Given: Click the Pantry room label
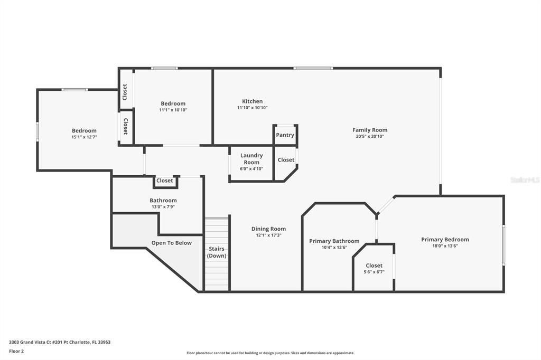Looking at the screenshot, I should (285, 135).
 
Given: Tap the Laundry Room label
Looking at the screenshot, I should (251, 159).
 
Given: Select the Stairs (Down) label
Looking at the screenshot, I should (216, 252).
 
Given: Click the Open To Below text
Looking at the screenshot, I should (171, 243).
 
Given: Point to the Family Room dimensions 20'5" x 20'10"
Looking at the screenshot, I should (370, 137).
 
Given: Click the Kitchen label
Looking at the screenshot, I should (252, 101).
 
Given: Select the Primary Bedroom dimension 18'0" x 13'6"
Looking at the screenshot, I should (445, 246).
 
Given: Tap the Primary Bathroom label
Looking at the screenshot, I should (334, 241).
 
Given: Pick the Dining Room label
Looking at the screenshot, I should (268, 229).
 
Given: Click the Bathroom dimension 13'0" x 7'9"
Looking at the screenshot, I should (163, 207).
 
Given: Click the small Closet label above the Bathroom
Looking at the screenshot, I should (164, 181).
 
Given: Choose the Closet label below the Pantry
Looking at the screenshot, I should (286, 160).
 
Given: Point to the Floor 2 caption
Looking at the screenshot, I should (16, 351).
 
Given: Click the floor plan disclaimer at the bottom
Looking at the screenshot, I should (270, 353).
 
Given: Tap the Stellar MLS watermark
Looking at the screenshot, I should (525, 180).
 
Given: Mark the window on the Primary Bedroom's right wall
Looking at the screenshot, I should (503, 245).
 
